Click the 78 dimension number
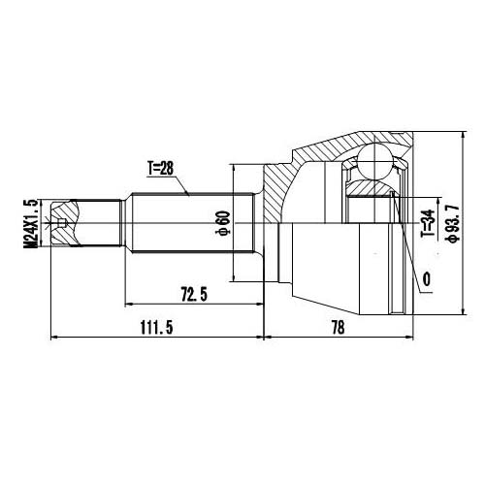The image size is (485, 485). pos(339,328)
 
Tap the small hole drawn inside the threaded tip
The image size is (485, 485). pos(64,227)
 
